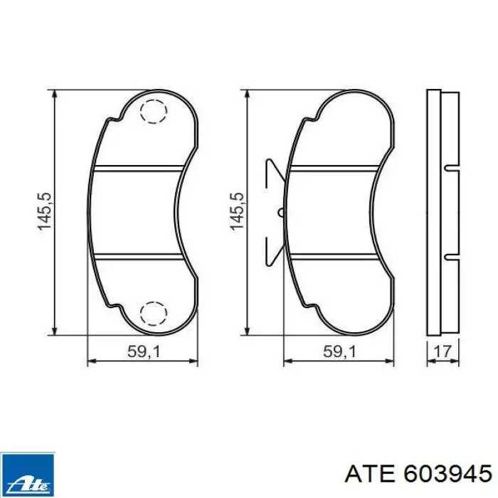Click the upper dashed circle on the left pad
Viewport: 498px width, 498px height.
[x=152, y=112]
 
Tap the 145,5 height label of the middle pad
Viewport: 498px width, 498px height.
[x=238, y=211]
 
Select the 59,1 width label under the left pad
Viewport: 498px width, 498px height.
[x=142, y=351]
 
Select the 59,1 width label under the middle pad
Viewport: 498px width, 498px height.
[x=338, y=351]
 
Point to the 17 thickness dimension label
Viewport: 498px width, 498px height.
[x=443, y=351]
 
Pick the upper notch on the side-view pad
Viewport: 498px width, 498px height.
[x=448, y=169]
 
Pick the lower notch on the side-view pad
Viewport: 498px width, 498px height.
[x=448, y=255]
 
